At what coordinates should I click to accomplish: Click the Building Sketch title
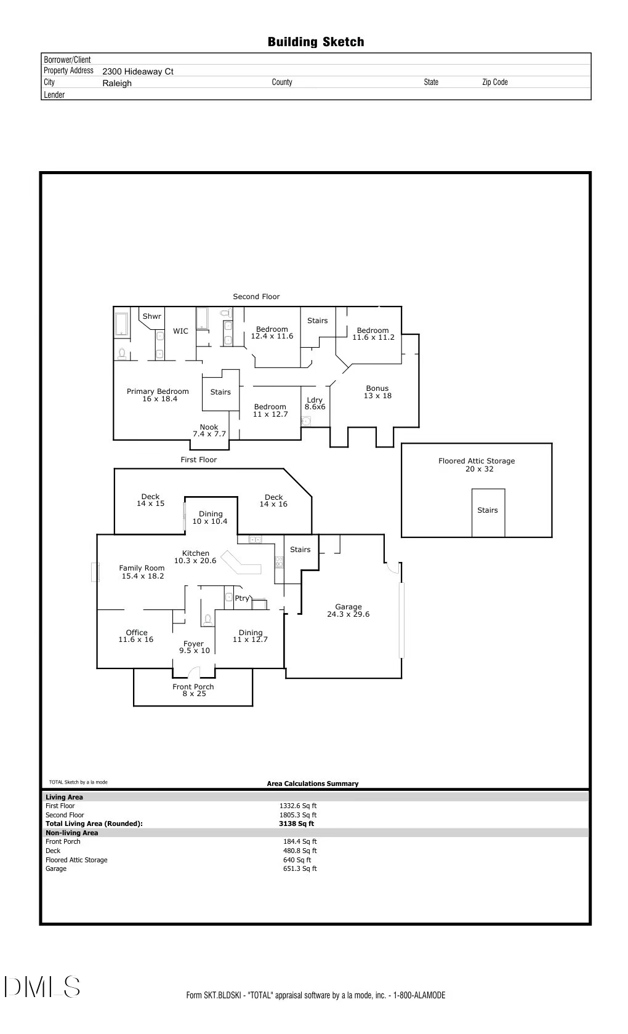point(315,42)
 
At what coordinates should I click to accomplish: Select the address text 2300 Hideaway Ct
point(138,71)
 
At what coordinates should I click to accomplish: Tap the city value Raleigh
point(117,83)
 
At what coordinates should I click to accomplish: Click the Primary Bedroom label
point(158,395)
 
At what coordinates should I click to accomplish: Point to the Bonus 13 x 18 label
point(377,392)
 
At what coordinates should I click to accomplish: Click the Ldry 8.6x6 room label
point(315,404)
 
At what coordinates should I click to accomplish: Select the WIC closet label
point(180,331)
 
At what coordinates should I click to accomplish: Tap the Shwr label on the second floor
point(151,316)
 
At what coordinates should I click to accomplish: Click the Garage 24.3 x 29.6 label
point(348,611)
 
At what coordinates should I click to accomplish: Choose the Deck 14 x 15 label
point(150,500)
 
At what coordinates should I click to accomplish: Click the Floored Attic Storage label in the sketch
point(477,465)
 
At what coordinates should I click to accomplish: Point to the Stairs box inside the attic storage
point(488,510)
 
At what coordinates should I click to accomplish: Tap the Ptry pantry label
point(242,598)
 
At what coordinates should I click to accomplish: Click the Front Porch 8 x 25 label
point(193,690)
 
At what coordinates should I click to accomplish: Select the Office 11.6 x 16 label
point(136,636)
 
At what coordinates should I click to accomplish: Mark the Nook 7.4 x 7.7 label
point(209,430)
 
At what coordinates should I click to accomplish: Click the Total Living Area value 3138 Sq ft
point(296,824)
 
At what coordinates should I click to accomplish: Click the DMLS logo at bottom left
point(42,987)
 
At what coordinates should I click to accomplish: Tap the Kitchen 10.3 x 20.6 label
point(195,557)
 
